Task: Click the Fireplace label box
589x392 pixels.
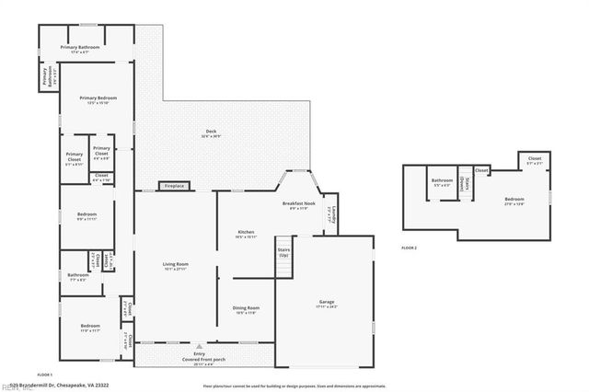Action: click(x=175, y=186)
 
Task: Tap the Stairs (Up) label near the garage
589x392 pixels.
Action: click(x=283, y=251)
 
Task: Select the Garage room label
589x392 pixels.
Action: click(x=327, y=303)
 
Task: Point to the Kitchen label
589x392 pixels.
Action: click(x=247, y=234)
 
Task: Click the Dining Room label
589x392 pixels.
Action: click(x=247, y=309)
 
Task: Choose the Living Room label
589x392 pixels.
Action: click(x=175, y=266)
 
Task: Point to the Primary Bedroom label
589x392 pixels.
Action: click(x=95, y=99)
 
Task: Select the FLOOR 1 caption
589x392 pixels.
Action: click(x=44, y=375)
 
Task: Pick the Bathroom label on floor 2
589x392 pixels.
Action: click(x=442, y=182)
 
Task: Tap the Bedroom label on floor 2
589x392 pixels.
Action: click(x=514, y=201)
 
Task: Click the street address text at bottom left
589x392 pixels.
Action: click(x=54, y=386)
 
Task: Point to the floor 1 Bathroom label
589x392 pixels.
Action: click(x=78, y=275)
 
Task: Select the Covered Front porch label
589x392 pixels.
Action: click(x=200, y=360)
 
